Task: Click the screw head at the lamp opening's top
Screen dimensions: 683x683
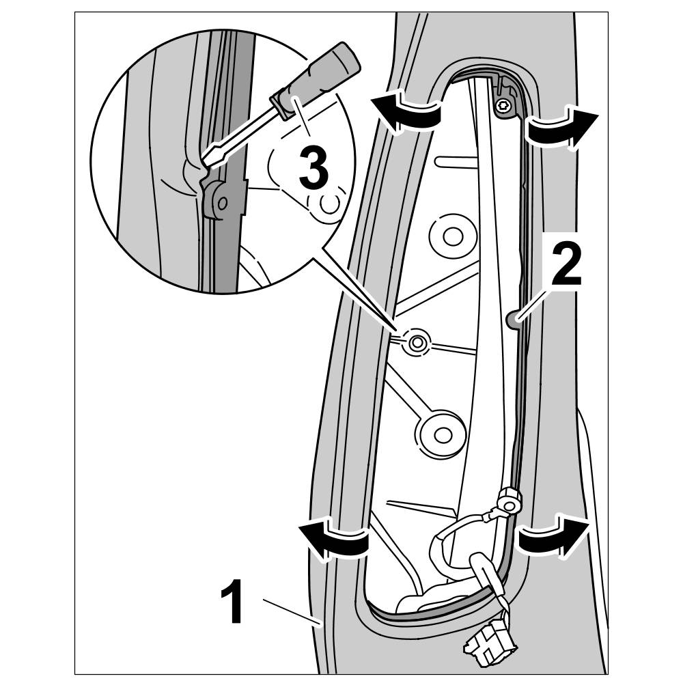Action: coord(503,105)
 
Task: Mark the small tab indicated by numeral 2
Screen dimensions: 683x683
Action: coord(516,317)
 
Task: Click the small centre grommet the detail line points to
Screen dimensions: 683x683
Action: coord(416,341)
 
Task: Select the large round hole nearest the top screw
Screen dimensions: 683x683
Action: coord(451,236)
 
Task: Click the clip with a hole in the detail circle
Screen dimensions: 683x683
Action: coord(218,202)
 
